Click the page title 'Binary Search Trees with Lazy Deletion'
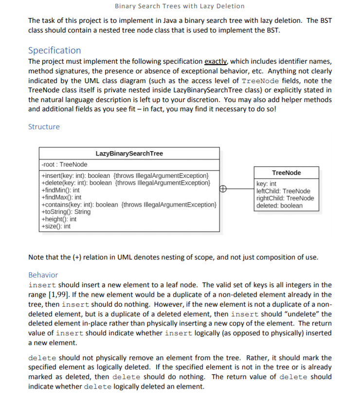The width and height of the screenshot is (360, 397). click(180, 6)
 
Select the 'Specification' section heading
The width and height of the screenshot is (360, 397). click(54, 50)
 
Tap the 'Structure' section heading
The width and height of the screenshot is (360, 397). click(44, 127)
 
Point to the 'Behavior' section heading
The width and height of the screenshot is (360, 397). click(43, 275)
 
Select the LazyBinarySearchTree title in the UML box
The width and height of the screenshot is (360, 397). click(129, 154)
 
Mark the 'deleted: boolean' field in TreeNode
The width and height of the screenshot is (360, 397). click(279, 206)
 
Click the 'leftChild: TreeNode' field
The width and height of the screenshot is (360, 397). click(283, 191)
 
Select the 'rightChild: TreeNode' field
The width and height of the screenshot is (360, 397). click(285, 198)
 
